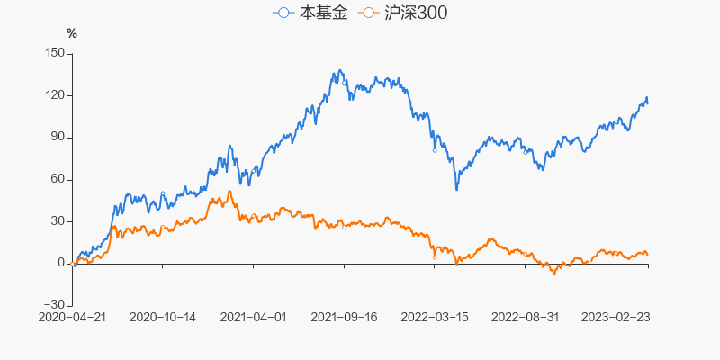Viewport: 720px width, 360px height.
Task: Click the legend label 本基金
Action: click(321, 13)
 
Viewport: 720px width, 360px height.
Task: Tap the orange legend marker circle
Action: click(367, 13)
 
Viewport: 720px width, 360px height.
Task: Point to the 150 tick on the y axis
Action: click(53, 53)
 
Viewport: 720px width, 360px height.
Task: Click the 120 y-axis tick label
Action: click(53, 95)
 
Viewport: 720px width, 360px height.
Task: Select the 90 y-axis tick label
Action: click(57, 137)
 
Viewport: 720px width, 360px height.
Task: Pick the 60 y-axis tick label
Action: click(57, 179)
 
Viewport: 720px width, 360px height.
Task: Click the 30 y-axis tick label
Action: click(57, 221)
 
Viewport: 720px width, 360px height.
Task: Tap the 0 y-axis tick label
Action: click(60, 263)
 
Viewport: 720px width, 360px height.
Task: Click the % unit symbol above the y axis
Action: click(72, 34)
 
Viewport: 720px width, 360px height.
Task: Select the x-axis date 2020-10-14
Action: click(163, 317)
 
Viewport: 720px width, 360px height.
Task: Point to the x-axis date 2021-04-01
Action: click(253, 317)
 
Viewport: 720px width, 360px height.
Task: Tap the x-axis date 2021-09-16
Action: click(344, 317)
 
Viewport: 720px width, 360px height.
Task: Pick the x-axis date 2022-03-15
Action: click(434, 317)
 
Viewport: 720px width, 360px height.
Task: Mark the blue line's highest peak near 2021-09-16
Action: click(339, 70)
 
